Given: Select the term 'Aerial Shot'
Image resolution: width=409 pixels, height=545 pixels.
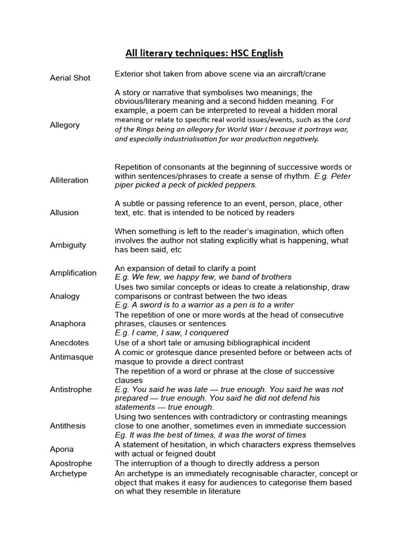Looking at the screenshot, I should [x=70, y=78].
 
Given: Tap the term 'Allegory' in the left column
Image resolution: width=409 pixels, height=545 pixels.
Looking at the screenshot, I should [x=64, y=125].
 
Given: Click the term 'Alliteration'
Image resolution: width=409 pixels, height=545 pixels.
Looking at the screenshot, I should [x=69, y=180].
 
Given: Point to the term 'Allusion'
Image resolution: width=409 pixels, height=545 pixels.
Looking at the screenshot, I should [x=64, y=212].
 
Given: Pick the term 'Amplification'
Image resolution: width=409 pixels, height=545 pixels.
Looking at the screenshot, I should [x=73, y=272].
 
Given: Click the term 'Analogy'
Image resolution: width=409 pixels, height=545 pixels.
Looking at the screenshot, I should [x=64, y=296].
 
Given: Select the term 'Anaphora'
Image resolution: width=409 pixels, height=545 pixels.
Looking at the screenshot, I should [x=67, y=324].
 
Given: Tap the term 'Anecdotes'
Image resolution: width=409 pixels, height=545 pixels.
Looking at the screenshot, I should [x=69, y=343].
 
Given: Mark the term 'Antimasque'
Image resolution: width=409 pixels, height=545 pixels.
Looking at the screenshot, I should [x=71, y=357].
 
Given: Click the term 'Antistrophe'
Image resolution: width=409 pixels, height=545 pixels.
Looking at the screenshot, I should [x=70, y=389].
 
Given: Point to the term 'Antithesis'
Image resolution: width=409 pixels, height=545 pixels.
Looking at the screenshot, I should [x=67, y=426].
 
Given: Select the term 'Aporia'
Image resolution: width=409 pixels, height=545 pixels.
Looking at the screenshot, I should [x=62, y=449].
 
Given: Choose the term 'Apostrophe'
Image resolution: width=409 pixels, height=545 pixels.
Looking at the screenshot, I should [x=71, y=463].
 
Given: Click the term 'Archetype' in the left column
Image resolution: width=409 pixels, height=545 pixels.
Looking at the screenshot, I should [x=68, y=473].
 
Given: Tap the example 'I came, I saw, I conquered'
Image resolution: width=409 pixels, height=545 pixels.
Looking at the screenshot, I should [x=171, y=333].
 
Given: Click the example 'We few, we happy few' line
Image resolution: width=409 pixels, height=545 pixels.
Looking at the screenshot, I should [x=203, y=277].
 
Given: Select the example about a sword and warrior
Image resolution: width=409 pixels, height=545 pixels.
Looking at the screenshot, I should [x=204, y=305].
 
